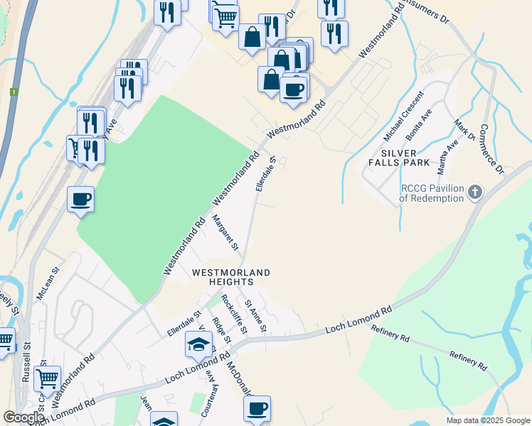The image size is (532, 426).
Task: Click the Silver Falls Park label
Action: (405, 158)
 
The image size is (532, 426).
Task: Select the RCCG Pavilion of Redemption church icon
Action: (474, 192)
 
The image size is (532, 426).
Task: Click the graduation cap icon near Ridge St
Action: (199, 345)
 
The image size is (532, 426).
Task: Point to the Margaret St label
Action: (225, 234)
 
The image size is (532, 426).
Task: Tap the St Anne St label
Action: (255, 316)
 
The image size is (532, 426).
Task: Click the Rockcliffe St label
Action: (234, 314)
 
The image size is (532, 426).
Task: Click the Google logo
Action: (23, 417)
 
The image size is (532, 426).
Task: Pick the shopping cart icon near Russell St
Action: (47, 379)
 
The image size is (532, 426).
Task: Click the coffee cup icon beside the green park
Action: (80, 199)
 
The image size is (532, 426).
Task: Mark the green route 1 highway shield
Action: (13, 92)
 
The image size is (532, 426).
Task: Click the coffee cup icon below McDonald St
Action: (257, 409)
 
